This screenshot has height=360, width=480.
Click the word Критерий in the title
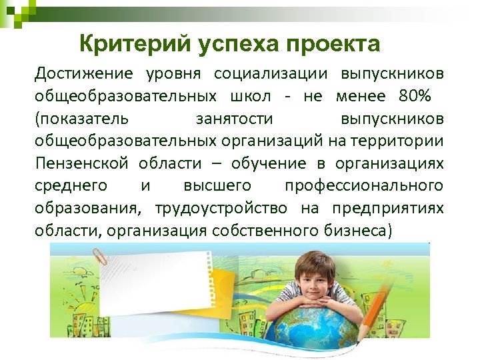(x=134, y=45)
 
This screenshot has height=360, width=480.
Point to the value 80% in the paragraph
(x=415, y=95)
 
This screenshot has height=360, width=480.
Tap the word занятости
(x=234, y=118)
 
